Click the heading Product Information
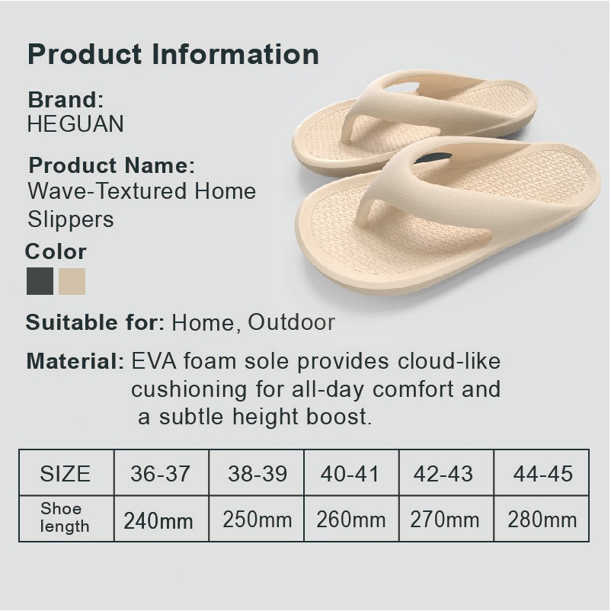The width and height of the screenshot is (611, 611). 174,54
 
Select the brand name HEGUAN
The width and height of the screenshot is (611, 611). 75,123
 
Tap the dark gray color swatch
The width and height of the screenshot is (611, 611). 40,281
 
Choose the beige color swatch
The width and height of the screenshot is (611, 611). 72,281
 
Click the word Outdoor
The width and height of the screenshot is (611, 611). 292,322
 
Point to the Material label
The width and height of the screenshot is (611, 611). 75,361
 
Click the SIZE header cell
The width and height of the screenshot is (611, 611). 66,472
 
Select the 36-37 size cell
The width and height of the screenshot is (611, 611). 162,472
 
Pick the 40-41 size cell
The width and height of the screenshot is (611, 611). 351,472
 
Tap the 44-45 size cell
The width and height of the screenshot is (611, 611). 541,472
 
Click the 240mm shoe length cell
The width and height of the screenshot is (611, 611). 162,519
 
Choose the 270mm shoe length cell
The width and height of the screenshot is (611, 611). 446,519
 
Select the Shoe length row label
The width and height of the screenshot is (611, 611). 65,517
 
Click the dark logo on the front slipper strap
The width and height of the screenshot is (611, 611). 433,158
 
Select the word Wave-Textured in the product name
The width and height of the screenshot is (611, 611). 107,191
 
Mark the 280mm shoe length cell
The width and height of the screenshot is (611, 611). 541,519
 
